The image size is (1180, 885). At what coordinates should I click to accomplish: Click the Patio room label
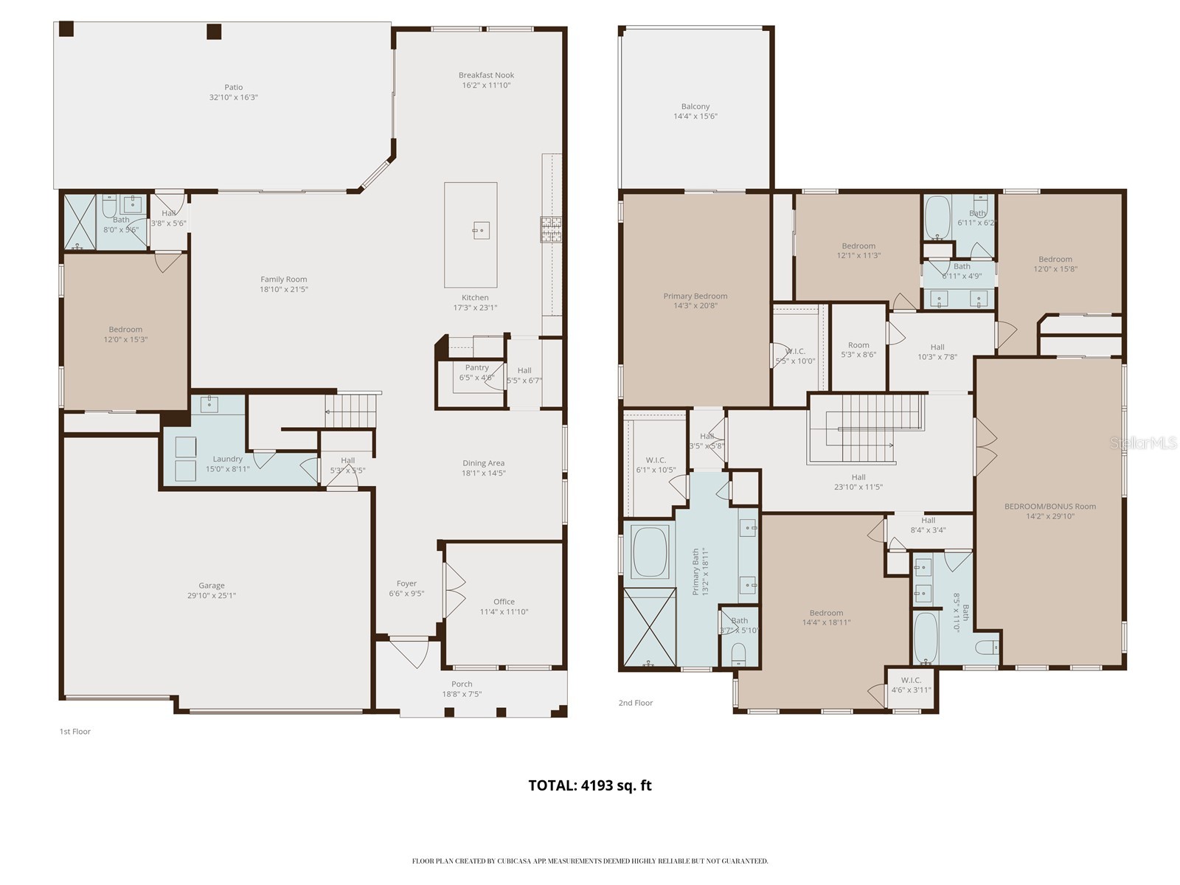pos(233,87)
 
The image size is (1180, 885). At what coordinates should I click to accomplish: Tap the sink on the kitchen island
pos(480,231)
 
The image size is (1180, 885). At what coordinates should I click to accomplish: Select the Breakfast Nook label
pos(486,75)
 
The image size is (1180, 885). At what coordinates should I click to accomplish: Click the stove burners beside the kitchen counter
pos(551,229)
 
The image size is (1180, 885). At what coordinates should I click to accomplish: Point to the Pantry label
pos(476,367)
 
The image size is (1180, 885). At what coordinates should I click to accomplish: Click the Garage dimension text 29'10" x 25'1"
pos(211,596)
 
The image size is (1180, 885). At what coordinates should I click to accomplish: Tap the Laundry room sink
pos(209,403)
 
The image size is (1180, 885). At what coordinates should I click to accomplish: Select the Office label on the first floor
pos(504,602)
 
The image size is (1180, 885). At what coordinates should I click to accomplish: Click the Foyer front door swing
pos(410,652)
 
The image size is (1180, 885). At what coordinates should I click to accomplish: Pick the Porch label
pos(462,684)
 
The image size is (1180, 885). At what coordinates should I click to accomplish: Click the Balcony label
pos(695,107)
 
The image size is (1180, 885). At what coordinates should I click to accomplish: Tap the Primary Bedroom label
pos(695,296)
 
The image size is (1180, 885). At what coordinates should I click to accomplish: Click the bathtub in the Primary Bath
pos(648,552)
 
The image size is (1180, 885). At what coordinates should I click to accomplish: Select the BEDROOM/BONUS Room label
pos(1049,507)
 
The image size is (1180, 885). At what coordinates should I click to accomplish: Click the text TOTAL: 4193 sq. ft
pos(590,785)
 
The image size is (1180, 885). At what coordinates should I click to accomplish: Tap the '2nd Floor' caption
pos(635,703)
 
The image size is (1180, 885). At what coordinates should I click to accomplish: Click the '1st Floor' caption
pos(74,732)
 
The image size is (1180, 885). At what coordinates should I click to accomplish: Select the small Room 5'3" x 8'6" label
pos(858,345)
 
